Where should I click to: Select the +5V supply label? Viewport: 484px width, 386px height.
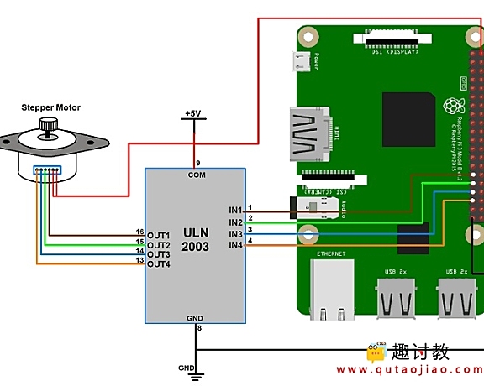pos(193,113)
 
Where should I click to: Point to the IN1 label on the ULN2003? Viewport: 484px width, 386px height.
pos(234,210)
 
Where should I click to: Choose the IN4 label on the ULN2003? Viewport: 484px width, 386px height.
pos(234,244)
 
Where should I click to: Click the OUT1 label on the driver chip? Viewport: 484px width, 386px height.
pos(158,234)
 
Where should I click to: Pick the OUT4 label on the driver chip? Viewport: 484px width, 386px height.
pos(158,264)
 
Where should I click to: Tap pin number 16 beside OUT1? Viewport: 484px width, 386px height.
pos(139,232)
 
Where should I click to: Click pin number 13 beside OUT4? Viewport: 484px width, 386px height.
pos(139,261)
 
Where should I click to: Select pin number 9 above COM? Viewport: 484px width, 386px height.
pos(198,162)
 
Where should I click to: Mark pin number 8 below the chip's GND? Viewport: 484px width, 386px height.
pos(198,328)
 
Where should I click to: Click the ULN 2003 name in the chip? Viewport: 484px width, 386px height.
pos(195,241)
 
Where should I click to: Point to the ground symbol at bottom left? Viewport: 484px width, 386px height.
pos(194,371)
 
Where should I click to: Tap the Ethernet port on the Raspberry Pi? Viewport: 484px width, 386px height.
pos(329,289)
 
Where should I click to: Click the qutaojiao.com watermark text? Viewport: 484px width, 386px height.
pos(410,370)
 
